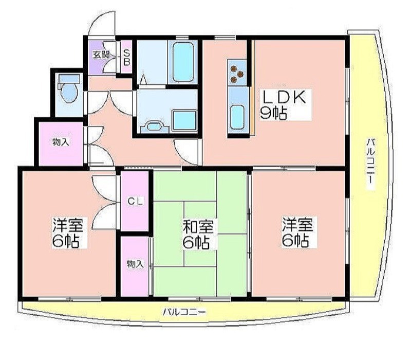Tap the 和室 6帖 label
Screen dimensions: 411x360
[198, 234]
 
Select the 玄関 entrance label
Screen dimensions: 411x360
[101, 55]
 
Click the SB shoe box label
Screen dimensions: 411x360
[126, 57]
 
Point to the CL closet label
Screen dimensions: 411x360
[135, 201]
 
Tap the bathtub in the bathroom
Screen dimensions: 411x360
[183, 62]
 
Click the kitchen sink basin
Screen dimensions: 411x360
[237, 117]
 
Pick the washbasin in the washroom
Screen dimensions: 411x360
[155, 127]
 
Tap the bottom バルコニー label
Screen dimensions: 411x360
[184, 312]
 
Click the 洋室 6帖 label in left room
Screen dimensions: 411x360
[68, 233]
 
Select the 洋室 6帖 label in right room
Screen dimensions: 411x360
[298, 232]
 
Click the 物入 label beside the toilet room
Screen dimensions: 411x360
[61, 142]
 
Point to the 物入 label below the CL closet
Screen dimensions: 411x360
[135, 264]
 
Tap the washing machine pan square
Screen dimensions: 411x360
[184, 120]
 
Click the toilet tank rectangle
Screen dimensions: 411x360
[69, 79]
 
